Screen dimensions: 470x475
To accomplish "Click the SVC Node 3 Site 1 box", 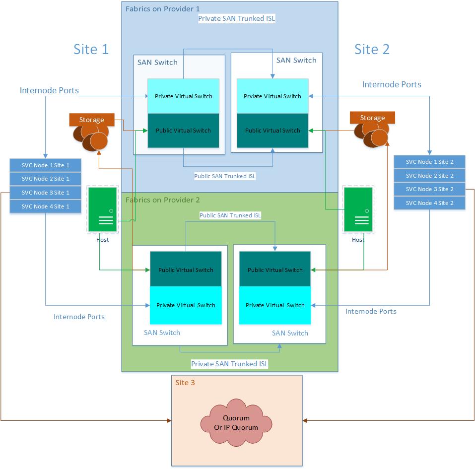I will click(45, 193).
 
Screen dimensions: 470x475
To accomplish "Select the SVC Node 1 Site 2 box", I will click(429, 162).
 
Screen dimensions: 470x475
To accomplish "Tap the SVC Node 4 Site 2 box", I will click(429, 203).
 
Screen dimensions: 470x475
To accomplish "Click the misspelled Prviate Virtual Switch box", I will click(272, 96).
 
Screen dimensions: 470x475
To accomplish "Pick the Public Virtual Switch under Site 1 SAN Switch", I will click(183, 131).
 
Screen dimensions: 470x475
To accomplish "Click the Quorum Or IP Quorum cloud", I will click(236, 423).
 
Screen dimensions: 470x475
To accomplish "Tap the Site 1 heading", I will click(91, 49).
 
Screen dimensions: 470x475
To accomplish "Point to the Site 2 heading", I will click(372, 49).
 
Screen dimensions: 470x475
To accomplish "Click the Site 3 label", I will click(185, 383).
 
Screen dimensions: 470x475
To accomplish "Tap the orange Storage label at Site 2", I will click(372, 118).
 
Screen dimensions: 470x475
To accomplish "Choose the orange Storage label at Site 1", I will click(92, 120).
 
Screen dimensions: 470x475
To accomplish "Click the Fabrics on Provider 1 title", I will click(162, 8).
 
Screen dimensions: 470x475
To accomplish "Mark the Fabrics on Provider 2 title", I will click(162, 200).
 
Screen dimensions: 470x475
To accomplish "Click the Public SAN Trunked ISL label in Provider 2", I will click(230, 215).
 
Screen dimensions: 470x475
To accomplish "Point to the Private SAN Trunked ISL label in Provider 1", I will click(236, 18).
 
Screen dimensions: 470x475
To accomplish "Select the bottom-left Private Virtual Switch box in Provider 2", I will click(186, 305).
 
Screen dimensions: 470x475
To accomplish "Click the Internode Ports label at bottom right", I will click(371, 311).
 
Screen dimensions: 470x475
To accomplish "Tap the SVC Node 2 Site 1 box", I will click(45, 179).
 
